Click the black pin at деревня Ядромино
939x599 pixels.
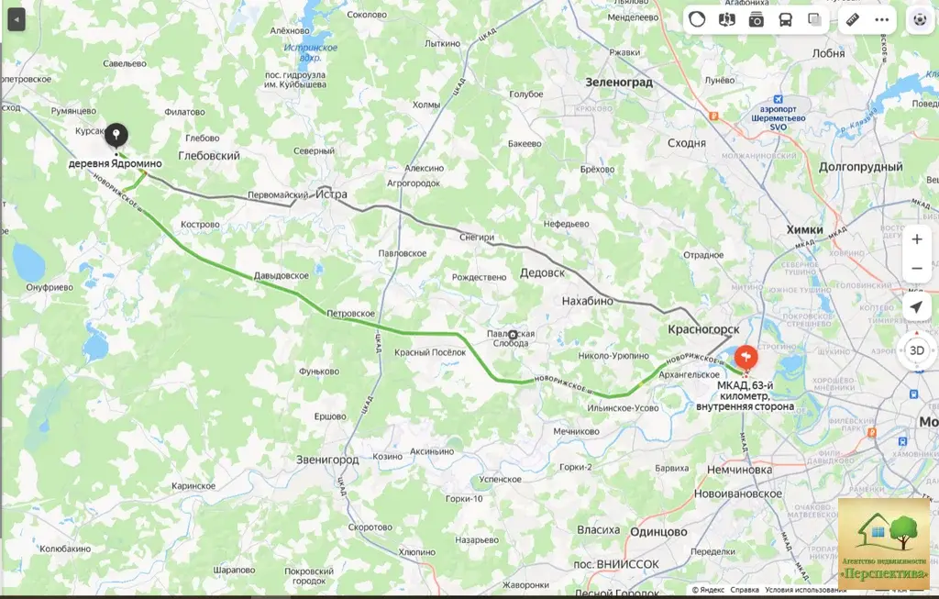pyautogui.click(x=116, y=136)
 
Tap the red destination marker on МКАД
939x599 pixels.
pyautogui.click(x=746, y=354)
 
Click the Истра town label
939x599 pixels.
pyautogui.click(x=329, y=194)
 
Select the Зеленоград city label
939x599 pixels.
pyautogui.click(x=619, y=82)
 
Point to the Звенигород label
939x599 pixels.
pyautogui.click(x=326, y=459)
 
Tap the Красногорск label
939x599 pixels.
pyautogui.click(x=704, y=327)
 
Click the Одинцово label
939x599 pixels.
pyautogui.click(x=658, y=531)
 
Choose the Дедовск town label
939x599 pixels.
pyautogui.click(x=542, y=272)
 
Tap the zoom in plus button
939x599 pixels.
pyautogui.click(x=916, y=239)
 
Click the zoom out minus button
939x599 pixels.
pyautogui.click(x=916, y=269)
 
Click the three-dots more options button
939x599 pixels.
pyautogui.click(x=882, y=19)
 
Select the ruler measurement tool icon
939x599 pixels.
pyautogui.click(x=852, y=19)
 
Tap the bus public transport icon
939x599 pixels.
pyautogui.click(x=786, y=19)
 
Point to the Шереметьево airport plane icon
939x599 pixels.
pyautogui.click(x=779, y=99)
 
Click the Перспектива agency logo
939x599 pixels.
pyautogui.click(x=884, y=544)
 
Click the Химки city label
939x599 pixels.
pyautogui.click(x=804, y=229)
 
